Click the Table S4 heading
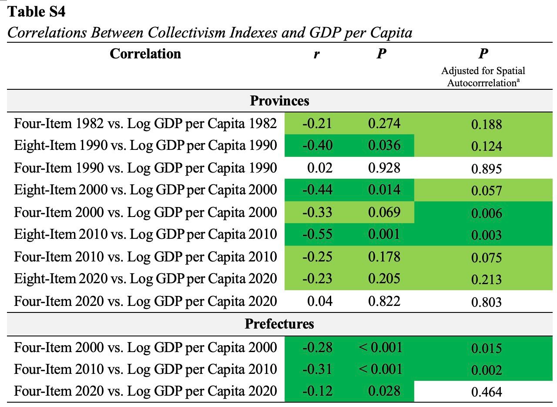[x=37, y=12]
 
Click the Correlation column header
[x=145, y=54]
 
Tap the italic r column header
[x=317, y=54]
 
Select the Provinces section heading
[x=279, y=101]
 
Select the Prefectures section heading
[x=279, y=324]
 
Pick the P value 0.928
[x=384, y=168]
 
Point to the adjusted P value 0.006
[x=486, y=213]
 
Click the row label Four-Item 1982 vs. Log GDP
[x=145, y=123]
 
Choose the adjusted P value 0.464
[x=486, y=391]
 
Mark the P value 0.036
[x=384, y=145]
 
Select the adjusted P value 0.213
[x=486, y=279]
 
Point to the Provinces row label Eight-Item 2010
[x=145, y=234]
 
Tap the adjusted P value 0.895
[x=486, y=168]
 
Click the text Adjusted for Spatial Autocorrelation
[x=483, y=76]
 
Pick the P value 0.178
[x=384, y=256]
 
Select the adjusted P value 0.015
[x=486, y=348]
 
